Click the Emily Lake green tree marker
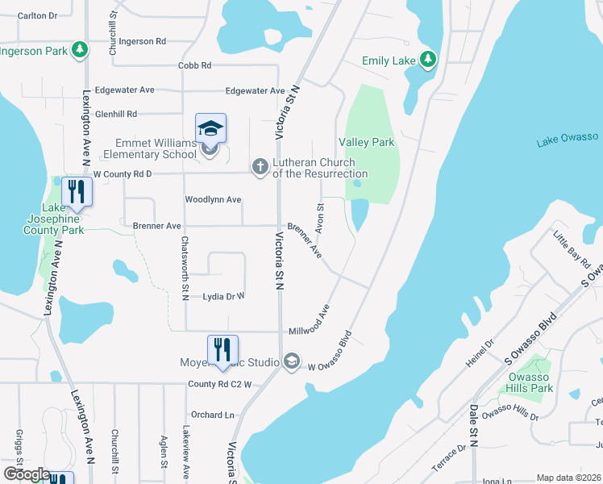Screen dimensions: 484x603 point(429,60)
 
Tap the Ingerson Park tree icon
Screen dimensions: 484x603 point(79,50)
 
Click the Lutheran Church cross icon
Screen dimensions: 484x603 point(260,166)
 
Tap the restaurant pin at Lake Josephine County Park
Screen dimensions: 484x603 point(77,192)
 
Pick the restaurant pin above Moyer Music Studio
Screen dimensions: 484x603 point(223,350)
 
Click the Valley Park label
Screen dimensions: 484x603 point(367,142)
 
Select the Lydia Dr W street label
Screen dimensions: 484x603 point(223,297)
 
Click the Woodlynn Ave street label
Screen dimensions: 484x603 point(213,199)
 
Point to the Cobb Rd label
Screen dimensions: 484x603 point(194,65)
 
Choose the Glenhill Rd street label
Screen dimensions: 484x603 point(116,114)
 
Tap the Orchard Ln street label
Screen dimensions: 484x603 point(213,415)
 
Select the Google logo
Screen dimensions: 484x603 point(26,474)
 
